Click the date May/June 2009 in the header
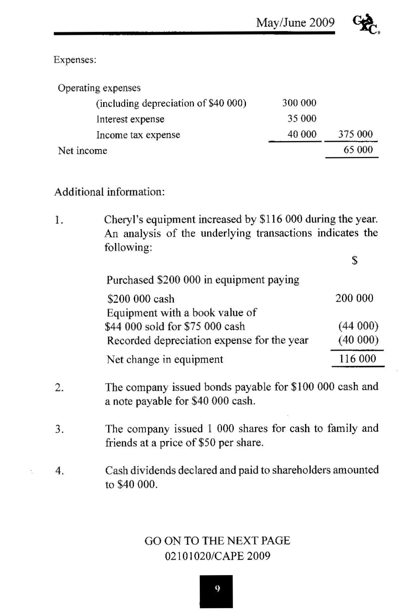(x=295, y=23)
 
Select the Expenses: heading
(x=75, y=60)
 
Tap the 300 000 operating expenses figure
(x=299, y=103)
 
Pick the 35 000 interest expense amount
(x=302, y=119)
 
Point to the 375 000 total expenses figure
(x=355, y=134)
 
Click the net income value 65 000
(x=358, y=150)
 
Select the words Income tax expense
(x=138, y=135)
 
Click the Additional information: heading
(x=110, y=192)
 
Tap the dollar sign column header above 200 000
(x=354, y=260)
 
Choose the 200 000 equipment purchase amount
(x=354, y=298)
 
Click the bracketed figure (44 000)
(x=358, y=326)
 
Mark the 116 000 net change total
(x=357, y=359)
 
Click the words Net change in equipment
(x=165, y=359)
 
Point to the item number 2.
(x=59, y=388)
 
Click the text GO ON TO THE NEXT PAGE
(x=217, y=541)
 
